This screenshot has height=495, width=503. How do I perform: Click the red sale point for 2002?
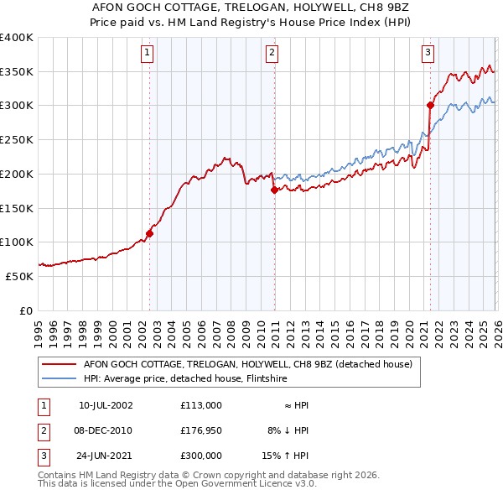(x=150, y=233)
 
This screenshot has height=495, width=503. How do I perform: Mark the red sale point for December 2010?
(x=274, y=190)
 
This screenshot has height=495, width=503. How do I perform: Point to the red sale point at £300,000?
(x=430, y=105)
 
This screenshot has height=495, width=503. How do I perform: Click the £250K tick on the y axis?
(x=17, y=139)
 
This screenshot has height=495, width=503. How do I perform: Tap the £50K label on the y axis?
(x=20, y=276)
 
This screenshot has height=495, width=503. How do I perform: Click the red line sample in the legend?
(x=58, y=365)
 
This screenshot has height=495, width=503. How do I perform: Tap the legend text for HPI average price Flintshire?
(x=185, y=379)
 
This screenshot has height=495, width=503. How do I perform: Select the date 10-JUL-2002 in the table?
(x=106, y=405)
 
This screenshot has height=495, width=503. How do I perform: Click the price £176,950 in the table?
(x=201, y=430)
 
